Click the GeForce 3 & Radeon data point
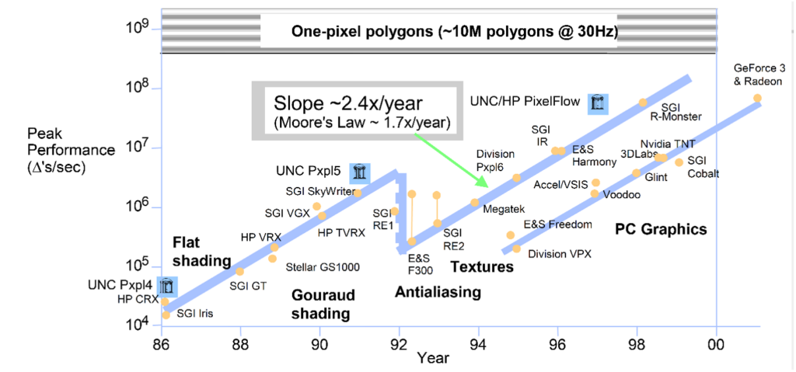point(757,99)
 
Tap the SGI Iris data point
point(166,315)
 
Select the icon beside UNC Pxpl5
point(360,172)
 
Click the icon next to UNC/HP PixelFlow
point(598,103)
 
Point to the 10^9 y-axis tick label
point(138,29)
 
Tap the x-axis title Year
point(431,358)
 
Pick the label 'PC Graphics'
point(661,230)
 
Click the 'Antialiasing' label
point(438,293)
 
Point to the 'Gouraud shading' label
point(320,304)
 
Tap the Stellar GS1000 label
point(323,267)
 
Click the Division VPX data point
point(516,249)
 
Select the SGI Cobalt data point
point(679,162)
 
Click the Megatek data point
point(474,203)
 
